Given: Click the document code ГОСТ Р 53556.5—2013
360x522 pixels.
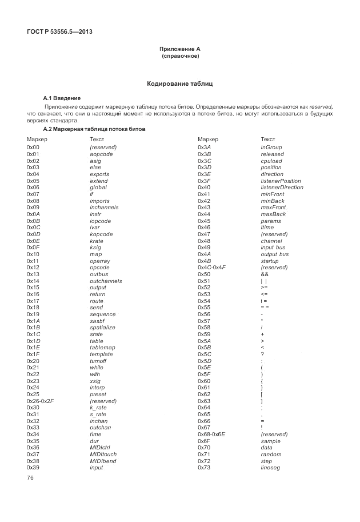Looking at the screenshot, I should [x=59, y=31].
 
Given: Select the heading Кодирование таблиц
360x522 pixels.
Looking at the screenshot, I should [x=179, y=83].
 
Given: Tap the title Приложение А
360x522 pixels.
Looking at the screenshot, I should [x=179, y=49].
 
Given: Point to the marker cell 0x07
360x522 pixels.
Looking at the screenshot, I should [x=33, y=194].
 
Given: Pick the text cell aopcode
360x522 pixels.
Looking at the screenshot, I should [x=101, y=154].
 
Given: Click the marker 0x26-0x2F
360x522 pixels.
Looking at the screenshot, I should [x=40, y=401].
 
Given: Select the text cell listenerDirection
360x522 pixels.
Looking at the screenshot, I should [x=282, y=188].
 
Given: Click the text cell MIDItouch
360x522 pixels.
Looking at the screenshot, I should [x=103, y=455].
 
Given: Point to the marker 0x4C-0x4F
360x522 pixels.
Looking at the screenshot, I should [x=211, y=268].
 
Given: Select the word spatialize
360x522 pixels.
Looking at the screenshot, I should [x=102, y=328].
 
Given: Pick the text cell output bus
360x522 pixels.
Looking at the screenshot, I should [x=274, y=254].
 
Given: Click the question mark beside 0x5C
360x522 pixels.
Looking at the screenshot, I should [x=262, y=354].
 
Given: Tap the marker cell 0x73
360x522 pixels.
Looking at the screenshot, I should [x=204, y=468].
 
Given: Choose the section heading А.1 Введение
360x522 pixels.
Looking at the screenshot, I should [x=62, y=98].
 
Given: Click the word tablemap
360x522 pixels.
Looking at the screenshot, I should [x=102, y=348].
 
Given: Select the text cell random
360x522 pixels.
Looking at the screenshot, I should [x=271, y=455].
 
